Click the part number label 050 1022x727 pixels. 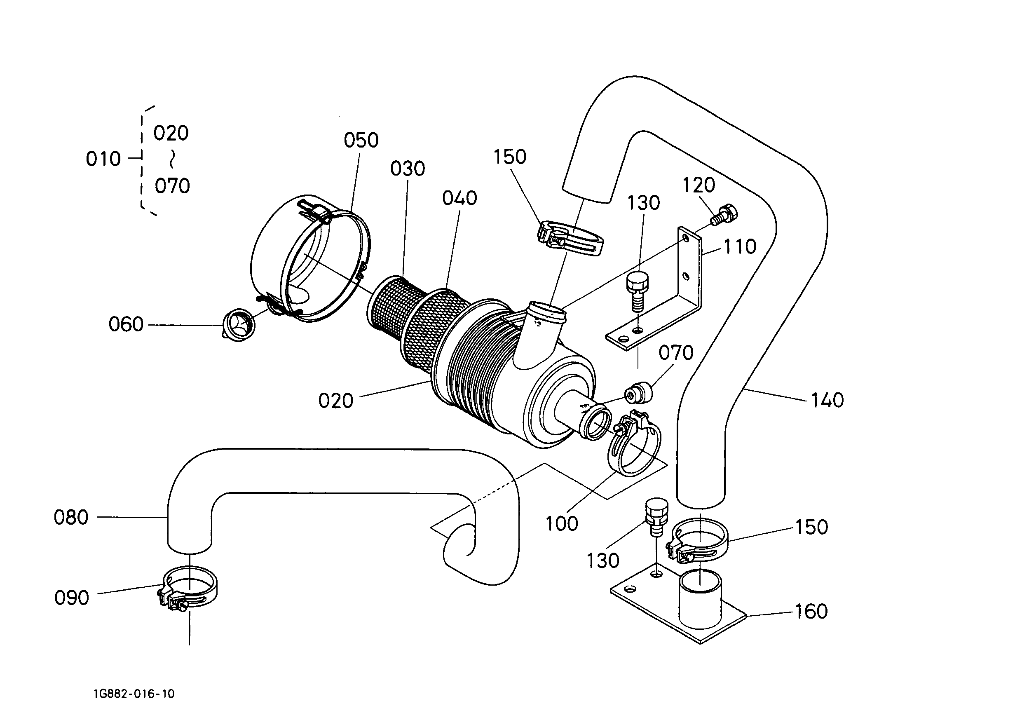click(x=361, y=141)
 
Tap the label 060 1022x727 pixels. click(x=126, y=325)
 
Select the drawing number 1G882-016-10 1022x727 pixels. click(x=134, y=694)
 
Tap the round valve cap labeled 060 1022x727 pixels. click(x=239, y=323)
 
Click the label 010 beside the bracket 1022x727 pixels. click(x=103, y=159)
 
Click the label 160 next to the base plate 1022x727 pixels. click(x=811, y=612)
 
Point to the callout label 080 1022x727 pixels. click(x=71, y=518)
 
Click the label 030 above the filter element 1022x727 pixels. click(x=408, y=169)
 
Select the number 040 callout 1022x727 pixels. click(x=460, y=198)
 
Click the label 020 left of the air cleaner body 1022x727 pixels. click(x=336, y=401)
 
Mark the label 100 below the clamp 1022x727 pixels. click(x=562, y=524)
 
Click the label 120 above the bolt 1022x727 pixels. click(x=699, y=185)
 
